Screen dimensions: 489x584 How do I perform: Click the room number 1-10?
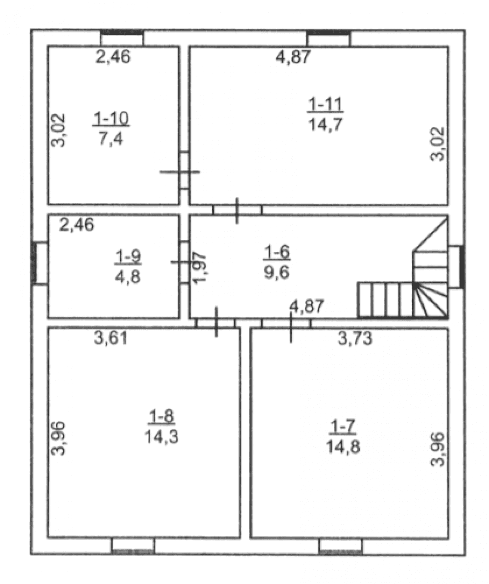pos(111,119)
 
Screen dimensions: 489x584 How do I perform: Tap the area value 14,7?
pos(325,124)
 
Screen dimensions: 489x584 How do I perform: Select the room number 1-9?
pos(128,257)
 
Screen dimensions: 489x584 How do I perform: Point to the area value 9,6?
pos(277,272)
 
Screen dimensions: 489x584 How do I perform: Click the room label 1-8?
pos(161,416)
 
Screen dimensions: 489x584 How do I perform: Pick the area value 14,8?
pos(343,446)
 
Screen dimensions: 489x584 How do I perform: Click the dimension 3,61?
pos(111,338)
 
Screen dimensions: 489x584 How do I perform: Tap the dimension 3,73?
pos(355,339)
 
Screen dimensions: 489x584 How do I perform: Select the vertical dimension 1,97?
pos(200,267)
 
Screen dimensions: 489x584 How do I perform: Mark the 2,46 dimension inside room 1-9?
pos(77,224)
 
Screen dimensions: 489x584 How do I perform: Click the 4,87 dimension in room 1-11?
pos(293,57)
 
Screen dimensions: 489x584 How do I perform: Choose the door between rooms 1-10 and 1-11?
pos(184,171)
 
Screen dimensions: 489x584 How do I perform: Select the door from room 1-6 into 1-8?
pos(216,322)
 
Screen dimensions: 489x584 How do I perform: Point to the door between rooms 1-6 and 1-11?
pos(237,210)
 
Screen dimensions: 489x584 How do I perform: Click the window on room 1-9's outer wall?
pos(40,263)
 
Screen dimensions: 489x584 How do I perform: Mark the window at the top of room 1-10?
pos(122,38)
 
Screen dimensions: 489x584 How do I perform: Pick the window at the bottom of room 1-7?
pos(341,546)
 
